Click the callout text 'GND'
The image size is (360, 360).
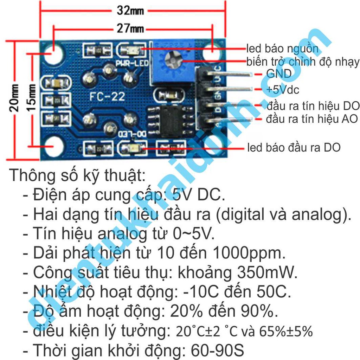click(278, 74)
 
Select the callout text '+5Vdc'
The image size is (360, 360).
click(282, 90)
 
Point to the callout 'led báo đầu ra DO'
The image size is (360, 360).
click(294, 148)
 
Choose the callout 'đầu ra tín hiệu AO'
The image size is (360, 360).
click(311, 119)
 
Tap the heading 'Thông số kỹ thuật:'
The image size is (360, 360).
click(77, 175)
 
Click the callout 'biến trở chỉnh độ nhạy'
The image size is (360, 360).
click(303, 62)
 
